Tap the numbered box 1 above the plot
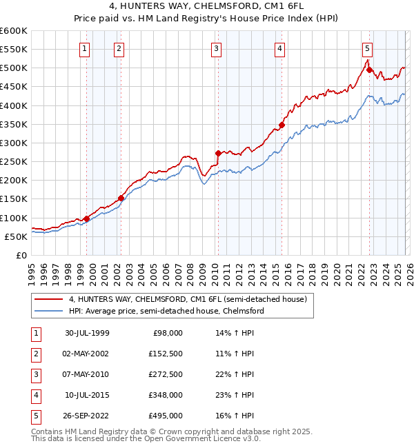(x=84, y=48)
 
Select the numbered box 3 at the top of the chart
(x=216, y=48)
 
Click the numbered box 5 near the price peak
(x=367, y=48)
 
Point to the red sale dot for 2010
(x=218, y=153)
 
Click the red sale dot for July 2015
(x=282, y=125)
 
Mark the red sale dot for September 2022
(x=370, y=70)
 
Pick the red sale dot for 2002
(x=121, y=198)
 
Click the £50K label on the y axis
(x=16, y=236)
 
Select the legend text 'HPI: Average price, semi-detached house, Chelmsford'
(x=166, y=311)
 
